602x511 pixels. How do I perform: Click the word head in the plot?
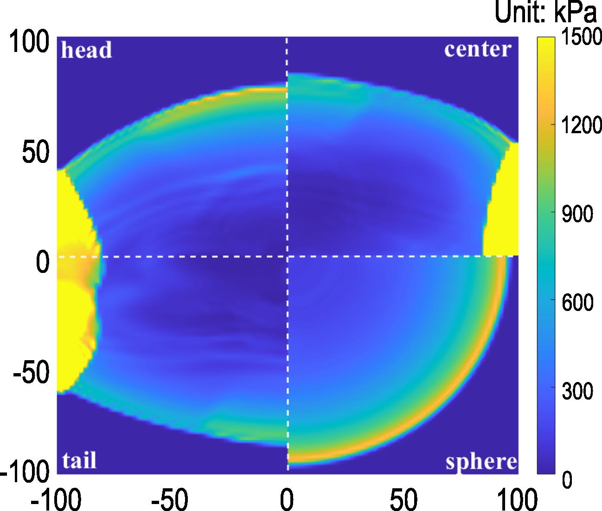(86, 50)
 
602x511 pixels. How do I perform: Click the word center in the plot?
(478, 49)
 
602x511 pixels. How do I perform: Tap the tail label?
(79, 460)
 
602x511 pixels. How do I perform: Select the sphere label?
(481, 462)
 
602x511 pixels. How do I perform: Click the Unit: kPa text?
(546, 13)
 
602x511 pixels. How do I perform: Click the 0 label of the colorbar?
(567, 479)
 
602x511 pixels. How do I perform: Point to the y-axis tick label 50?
(36, 153)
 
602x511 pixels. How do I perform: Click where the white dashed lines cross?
(287, 256)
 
